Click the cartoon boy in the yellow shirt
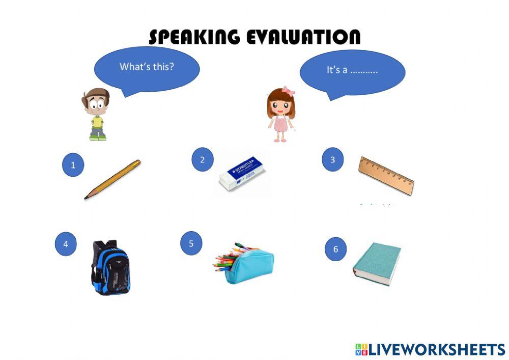tap(96, 114)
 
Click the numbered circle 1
tap(73, 165)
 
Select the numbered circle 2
tap(202, 160)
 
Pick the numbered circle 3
tap(333, 160)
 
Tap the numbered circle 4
tap(65, 244)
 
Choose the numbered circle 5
tap(191, 243)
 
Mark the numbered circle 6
tap(335, 250)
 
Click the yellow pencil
tap(112, 179)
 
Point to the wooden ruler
tap(386, 176)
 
